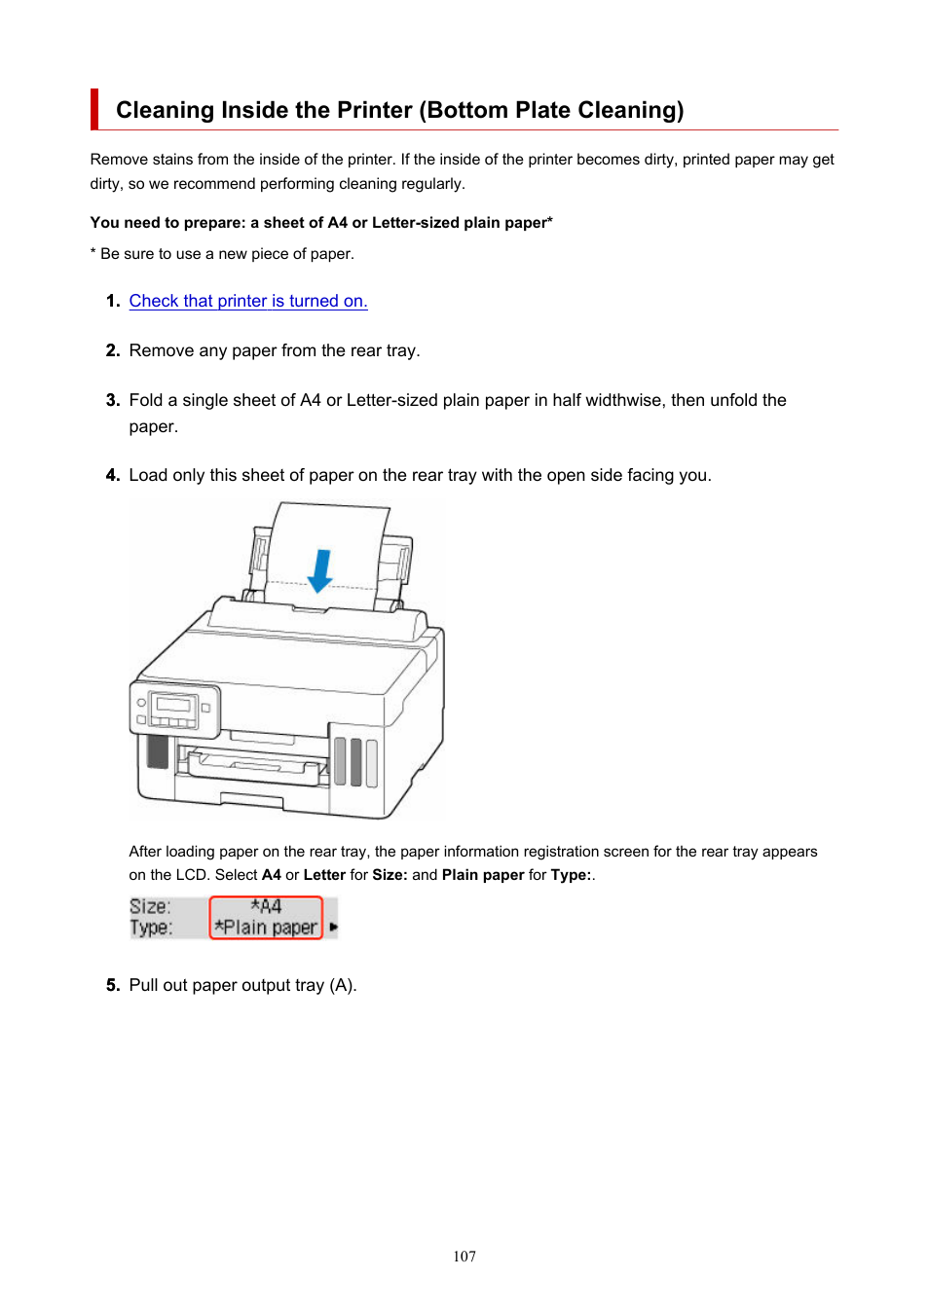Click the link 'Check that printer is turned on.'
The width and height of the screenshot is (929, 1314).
click(248, 301)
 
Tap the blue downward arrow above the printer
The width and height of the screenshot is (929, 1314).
click(320, 570)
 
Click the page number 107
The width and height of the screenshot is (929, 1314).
click(464, 1256)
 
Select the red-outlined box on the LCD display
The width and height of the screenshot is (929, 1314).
click(266, 918)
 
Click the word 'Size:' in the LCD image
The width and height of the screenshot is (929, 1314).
click(150, 907)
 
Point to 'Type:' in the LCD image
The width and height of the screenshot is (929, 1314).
click(151, 928)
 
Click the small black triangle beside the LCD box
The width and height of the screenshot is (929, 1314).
click(333, 927)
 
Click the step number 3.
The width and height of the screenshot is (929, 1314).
click(113, 400)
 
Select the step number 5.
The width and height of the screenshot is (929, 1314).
click(113, 985)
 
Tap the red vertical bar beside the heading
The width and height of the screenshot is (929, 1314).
click(93, 109)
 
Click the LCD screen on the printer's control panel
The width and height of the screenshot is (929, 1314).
click(173, 704)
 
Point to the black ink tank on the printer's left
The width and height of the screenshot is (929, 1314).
click(158, 750)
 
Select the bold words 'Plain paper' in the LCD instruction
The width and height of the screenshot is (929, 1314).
click(482, 875)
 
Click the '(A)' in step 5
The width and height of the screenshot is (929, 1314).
click(343, 985)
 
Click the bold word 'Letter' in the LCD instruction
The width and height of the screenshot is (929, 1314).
click(324, 875)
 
